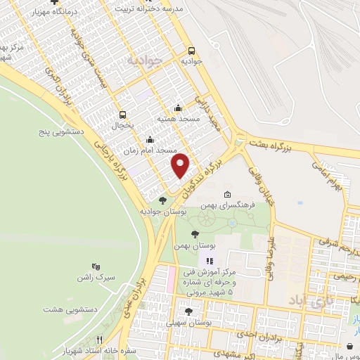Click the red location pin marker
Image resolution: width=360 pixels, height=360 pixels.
181,165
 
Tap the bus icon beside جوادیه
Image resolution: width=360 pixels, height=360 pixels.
191,51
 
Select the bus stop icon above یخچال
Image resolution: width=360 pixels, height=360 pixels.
123,115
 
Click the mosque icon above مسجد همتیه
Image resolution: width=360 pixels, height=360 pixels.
177,108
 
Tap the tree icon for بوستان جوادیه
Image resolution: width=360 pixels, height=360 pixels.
162,200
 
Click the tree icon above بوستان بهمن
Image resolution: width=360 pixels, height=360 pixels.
195,235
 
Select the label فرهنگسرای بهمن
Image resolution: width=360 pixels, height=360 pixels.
226,206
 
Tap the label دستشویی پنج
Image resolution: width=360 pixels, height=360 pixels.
61,131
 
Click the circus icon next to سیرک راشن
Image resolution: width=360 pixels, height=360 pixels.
96,266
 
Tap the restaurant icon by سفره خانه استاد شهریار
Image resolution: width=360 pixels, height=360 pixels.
100,340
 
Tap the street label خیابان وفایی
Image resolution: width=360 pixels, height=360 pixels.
259,184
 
